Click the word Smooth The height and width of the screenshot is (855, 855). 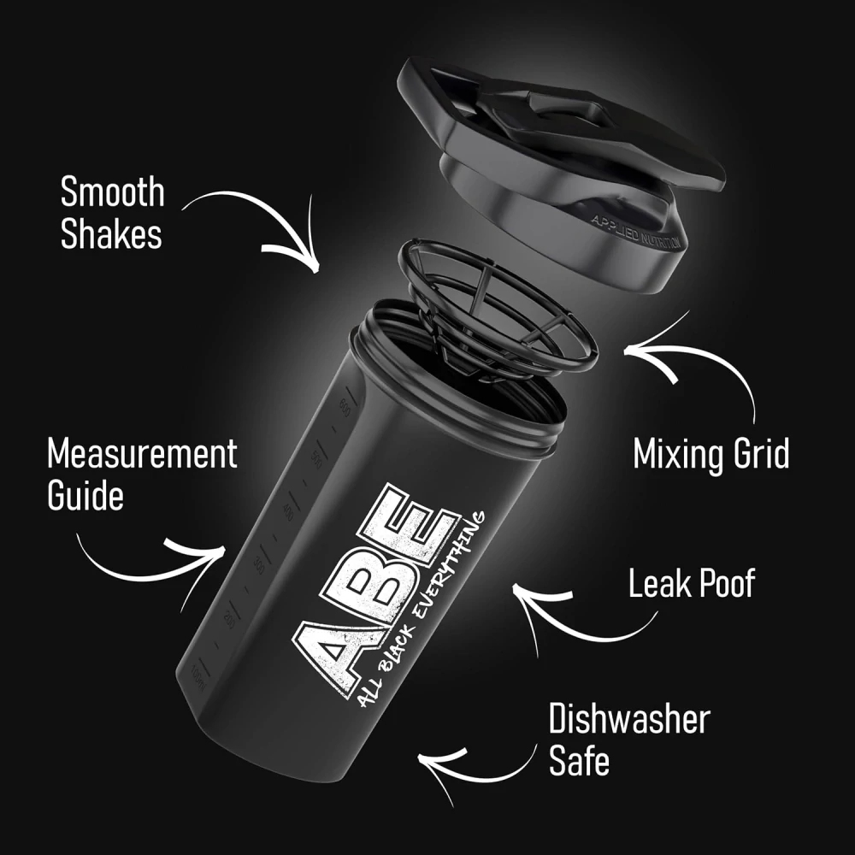tap(112, 193)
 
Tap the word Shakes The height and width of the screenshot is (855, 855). tap(111, 235)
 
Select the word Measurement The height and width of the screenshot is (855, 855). tap(142, 454)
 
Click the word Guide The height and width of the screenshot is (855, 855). tap(85, 496)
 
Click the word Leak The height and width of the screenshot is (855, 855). tap(659, 584)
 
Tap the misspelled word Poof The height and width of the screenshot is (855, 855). tap(727, 584)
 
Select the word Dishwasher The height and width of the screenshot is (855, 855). tap(629, 720)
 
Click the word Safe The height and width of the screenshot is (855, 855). tap(579, 762)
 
